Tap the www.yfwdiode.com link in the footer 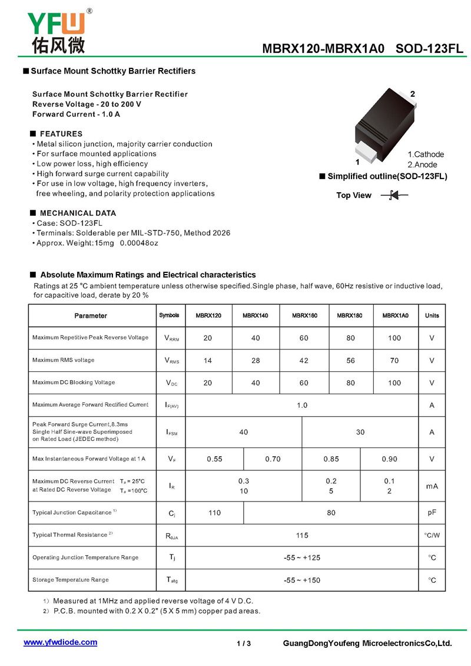[60, 642]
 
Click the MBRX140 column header [255, 316]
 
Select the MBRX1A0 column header [395, 316]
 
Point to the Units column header [432, 316]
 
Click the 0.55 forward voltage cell [214, 459]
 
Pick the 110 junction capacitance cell [214, 513]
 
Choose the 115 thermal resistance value [302, 535]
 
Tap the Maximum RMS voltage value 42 [303, 361]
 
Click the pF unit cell [432, 513]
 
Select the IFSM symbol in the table [171, 433]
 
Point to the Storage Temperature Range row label [71, 580]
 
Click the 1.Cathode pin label [426, 154]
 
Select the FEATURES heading [61, 134]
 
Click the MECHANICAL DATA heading [78, 213]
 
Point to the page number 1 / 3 [244, 644]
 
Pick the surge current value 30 [360, 432]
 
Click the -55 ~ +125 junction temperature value [302, 558]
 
